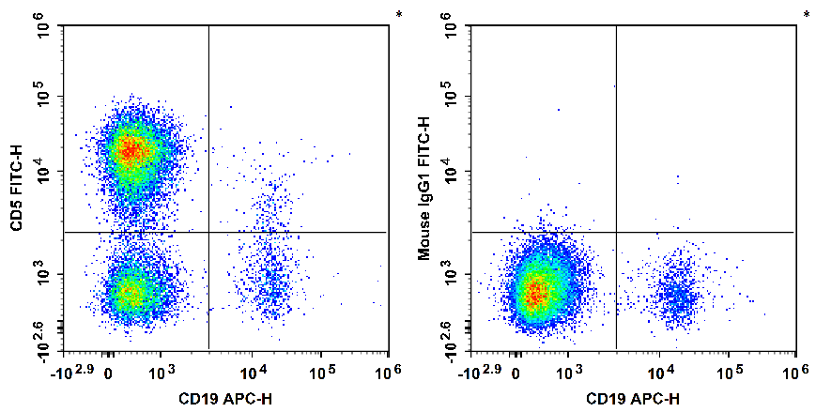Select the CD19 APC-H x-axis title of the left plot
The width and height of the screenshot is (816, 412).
pos(226,400)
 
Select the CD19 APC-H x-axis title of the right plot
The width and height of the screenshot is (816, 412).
pos(634,400)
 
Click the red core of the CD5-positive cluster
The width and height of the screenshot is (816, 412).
pos(131,148)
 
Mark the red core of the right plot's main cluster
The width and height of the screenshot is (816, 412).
pos(534,295)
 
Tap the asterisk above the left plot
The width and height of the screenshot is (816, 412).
pos(399,14)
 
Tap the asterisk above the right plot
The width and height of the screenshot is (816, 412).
pos(807,14)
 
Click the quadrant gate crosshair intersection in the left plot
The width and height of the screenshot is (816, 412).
pos(208,232)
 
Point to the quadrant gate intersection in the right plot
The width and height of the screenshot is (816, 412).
pos(616,232)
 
